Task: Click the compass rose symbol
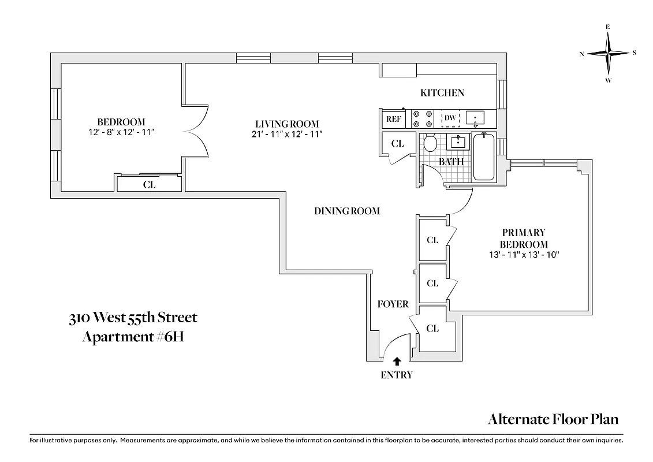tap(608, 53)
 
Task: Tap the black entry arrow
tap(397, 362)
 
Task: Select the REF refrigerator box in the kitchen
tap(393, 119)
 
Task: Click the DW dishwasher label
tap(450, 118)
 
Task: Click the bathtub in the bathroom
tap(484, 157)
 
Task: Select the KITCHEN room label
tap(442, 92)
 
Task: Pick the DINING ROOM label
tap(347, 211)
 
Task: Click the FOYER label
tap(393, 304)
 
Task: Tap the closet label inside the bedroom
tap(149, 185)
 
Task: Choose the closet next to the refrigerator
tap(397, 144)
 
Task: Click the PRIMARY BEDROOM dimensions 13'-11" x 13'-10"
tap(524, 254)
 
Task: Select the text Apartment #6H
tap(133, 337)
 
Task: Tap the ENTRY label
tap(397, 375)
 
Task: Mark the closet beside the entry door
tap(432, 329)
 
